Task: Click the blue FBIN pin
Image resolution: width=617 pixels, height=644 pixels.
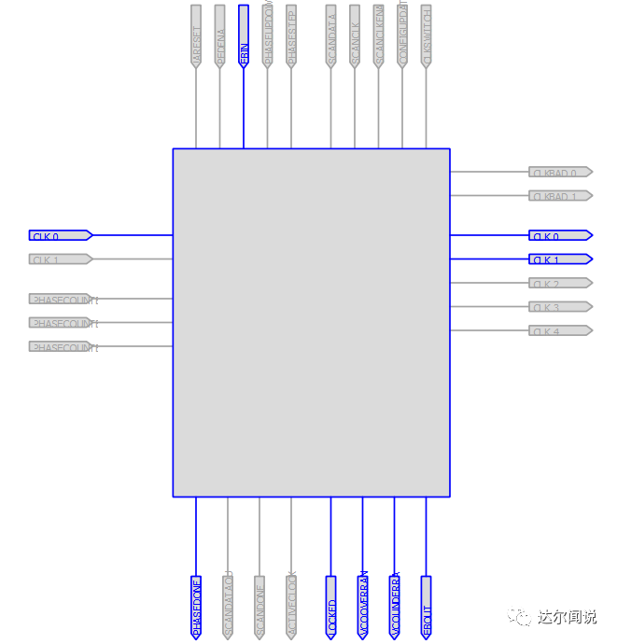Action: pos(244,35)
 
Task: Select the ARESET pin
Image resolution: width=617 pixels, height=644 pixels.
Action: pos(196,35)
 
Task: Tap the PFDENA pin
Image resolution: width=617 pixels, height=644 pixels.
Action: pos(220,35)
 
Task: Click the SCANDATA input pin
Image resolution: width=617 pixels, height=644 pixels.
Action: pos(331,35)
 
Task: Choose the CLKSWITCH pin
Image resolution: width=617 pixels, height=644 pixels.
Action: pos(427,35)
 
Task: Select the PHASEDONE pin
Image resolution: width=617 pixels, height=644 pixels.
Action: pos(196,607)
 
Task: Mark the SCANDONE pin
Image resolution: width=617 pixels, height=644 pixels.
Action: pos(259,607)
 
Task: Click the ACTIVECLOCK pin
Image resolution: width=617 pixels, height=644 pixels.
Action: pos(291,607)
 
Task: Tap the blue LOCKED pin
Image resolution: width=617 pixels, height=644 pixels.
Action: pos(331,607)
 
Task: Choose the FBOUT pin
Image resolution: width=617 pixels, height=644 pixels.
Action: pos(427,607)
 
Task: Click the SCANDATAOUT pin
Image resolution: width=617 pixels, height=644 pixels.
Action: pos(228,607)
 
